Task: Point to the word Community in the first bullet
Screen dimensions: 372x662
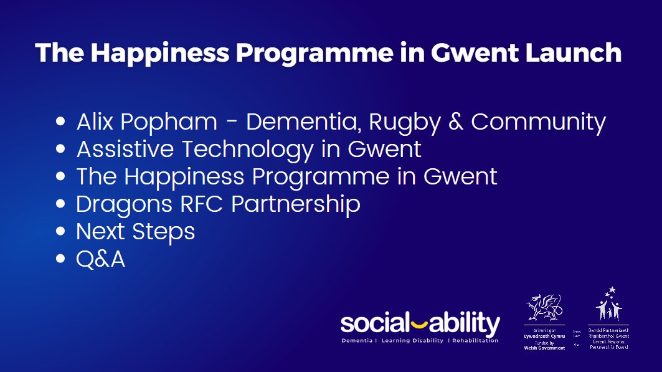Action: pyautogui.click(x=538, y=122)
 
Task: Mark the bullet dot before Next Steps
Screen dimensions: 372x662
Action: pyautogui.click(x=60, y=232)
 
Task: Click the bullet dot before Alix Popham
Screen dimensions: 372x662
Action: pyautogui.click(x=60, y=122)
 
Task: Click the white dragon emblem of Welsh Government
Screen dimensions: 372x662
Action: pyautogui.click(x=544, y=307)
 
